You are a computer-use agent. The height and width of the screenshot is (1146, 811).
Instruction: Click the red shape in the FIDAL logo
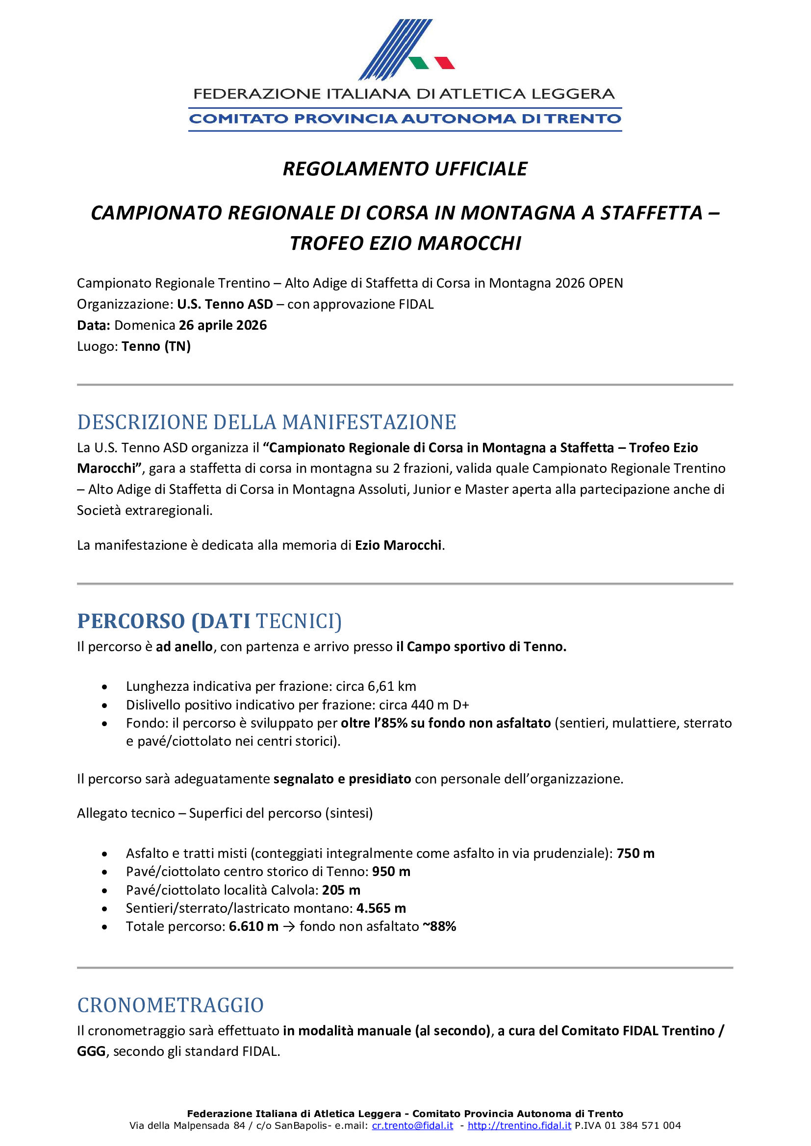click(x=444, y=63)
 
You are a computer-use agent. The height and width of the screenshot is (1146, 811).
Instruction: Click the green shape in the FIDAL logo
click(x=418, y=63)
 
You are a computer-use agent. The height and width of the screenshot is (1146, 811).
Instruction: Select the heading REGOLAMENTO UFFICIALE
click(x=405, y=169)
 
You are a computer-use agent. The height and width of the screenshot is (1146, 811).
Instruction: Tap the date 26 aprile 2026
click(x=223, y=325)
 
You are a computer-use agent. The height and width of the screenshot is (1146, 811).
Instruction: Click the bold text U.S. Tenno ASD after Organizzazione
click(x=225, y=304)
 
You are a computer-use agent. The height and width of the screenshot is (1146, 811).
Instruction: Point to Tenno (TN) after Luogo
click(x=156, y=346)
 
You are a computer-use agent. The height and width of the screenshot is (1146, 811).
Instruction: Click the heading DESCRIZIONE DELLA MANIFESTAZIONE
click(x=267, y=422)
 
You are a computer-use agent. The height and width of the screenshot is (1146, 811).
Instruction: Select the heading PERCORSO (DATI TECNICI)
click(x=209, y=621)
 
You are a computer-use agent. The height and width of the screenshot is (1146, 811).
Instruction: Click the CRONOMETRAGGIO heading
click(x=170, y=1005)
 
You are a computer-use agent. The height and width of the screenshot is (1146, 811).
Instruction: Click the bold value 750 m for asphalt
click(x=635, y=853)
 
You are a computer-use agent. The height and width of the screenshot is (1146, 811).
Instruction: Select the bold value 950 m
click(x=391, y=872)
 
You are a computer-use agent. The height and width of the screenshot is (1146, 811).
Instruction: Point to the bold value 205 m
click(x=341, y=890)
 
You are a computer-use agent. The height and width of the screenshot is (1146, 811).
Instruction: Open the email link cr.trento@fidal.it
click(x=412, y=1125)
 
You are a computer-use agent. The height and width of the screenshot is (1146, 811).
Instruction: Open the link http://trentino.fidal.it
click(x=519, y=1125)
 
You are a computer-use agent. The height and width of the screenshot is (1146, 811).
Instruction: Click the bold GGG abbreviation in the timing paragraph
click(x=91, y=1051)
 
